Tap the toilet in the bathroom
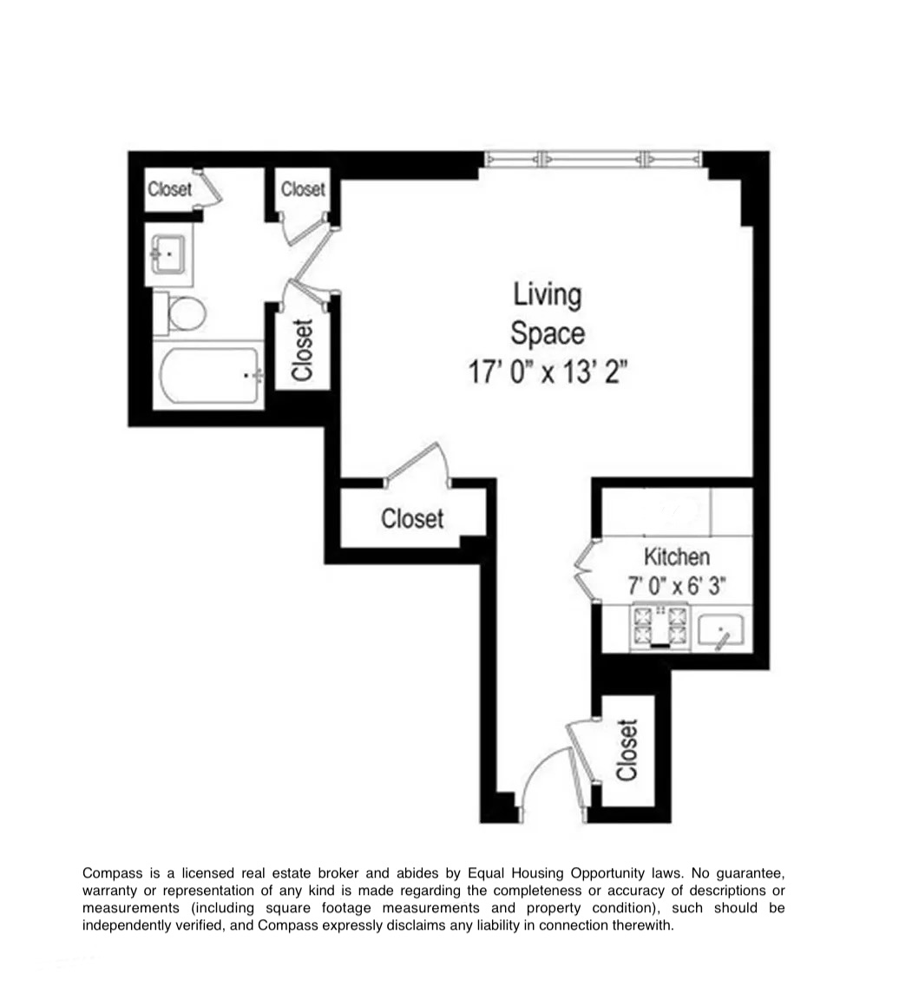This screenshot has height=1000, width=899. click(x=183, y=312)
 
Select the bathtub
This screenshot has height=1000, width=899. click(x=209, y=377)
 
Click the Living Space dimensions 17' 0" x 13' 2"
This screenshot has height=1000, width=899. click(x=547, y=372)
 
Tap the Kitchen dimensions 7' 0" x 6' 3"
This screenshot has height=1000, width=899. click(x=676, y=586)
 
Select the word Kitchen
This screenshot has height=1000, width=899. click(x=676, y=556)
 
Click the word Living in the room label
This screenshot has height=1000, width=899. click(x=547, y=294)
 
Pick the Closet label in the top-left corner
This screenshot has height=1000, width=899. click(x=169, y=188)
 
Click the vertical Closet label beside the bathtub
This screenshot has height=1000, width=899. click(x=302, y=351)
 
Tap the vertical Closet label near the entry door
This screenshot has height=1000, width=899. click(x=627, y=750)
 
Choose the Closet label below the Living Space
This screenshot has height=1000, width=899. click(x=412, y=518)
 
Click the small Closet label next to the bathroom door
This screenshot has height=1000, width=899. click(x=303, y=188)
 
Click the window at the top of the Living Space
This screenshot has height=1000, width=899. click(x=593, y=159)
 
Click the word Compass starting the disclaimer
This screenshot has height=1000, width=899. click(x=111, y=872)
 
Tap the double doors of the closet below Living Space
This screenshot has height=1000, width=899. click(x=418, y=463)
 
